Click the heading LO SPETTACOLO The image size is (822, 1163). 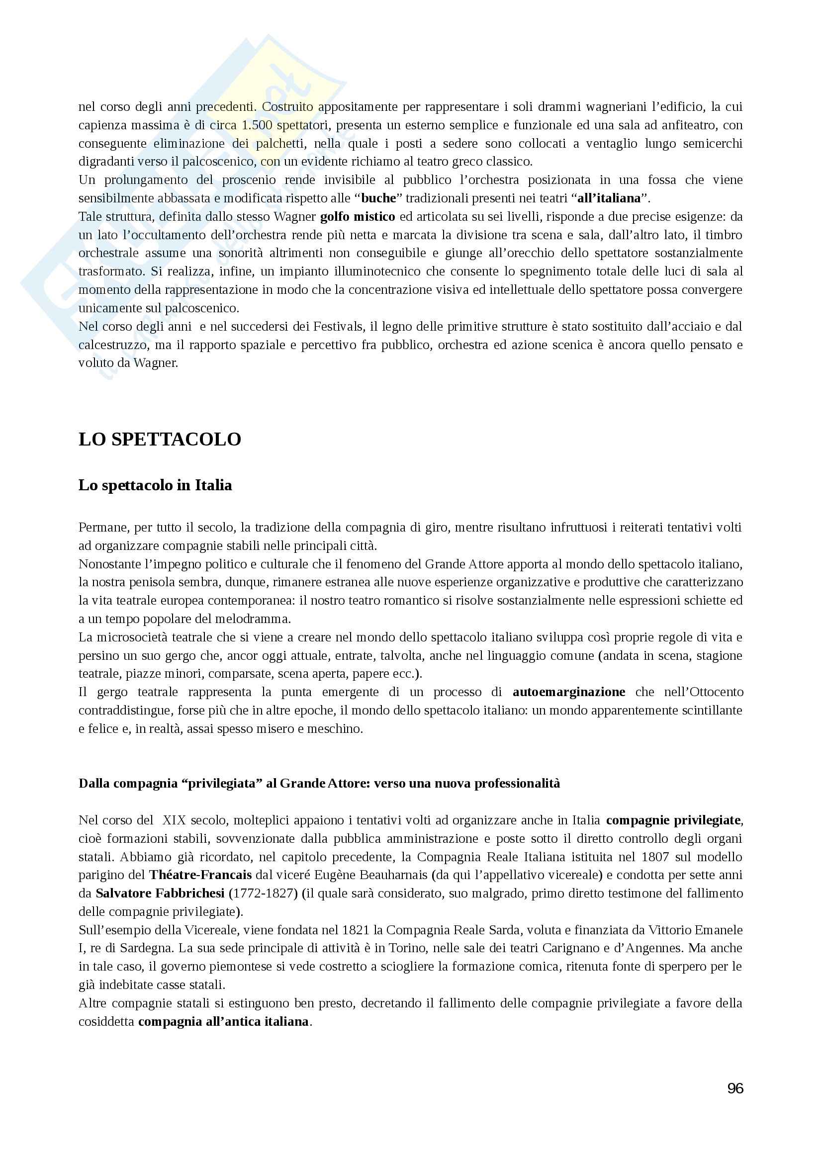tap(160, 439)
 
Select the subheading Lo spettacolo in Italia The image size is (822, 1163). tap(155, 485)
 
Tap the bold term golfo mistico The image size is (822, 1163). tap(358, 217)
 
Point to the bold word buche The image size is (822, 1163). tap(378, 198)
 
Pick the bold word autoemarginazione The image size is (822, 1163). tap(569, 692)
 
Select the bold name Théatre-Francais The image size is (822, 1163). tap(200, 875)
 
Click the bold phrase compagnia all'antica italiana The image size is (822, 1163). tap(223, 1022)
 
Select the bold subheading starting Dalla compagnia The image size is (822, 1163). tap(319, 784)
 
